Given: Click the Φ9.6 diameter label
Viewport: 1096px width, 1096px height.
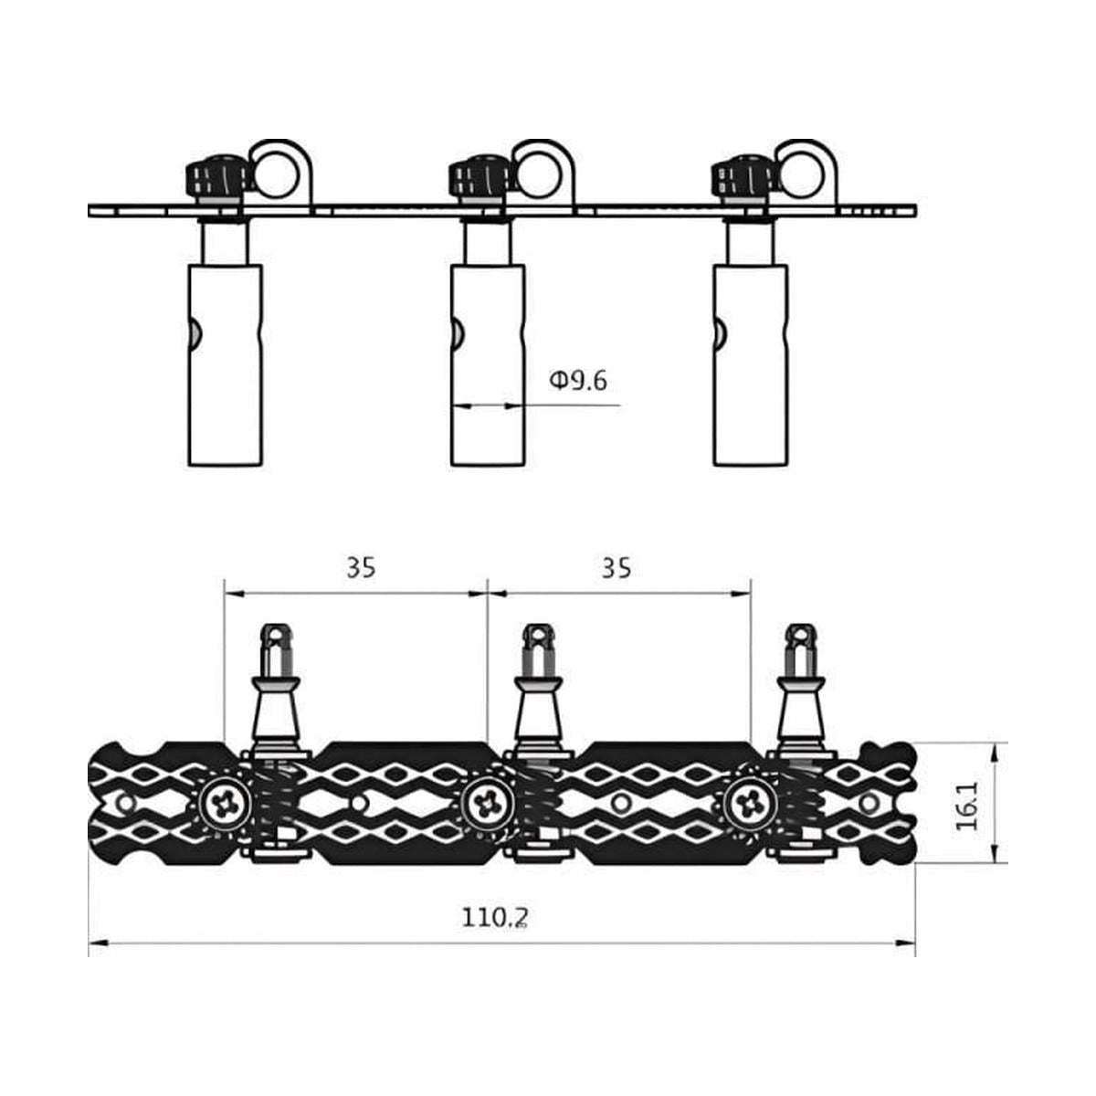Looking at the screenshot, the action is (578, 381).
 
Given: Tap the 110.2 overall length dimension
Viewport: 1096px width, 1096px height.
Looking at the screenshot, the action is (494, 933).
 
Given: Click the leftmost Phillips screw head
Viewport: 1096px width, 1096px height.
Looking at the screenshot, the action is (225, 805).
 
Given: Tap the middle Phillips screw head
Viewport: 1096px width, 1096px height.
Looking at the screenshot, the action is (487, 805).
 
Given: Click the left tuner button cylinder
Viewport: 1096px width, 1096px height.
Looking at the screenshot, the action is (226, 365).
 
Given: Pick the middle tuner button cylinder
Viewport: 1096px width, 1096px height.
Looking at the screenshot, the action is (488, 365).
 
